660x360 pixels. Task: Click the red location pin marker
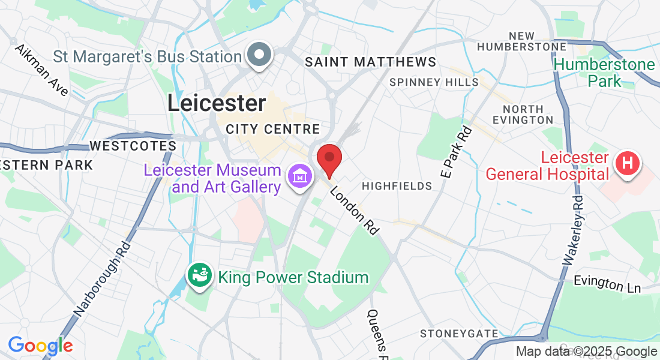tap(329, 159)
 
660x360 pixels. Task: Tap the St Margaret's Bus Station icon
tap(260, 56)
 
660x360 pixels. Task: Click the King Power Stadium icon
tap(200, 275)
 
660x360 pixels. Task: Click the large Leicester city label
tap(216, 103)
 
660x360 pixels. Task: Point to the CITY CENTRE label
tap(273, 129)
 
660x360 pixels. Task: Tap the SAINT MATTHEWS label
tap(370, 62)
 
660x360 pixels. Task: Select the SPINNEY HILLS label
tap(434, 82)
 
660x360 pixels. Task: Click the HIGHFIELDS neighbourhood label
tap(397, 186)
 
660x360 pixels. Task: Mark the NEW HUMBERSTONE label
tap(522, 41)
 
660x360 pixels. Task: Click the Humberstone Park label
tap(596, 72)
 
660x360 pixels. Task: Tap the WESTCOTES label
tap(133, 146)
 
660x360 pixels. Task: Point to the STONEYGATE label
tap(459, 334)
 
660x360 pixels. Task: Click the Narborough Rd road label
tap(103, 279)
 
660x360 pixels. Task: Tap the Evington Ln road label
tap(607, 284)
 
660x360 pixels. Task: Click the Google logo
tap(40, 346)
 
